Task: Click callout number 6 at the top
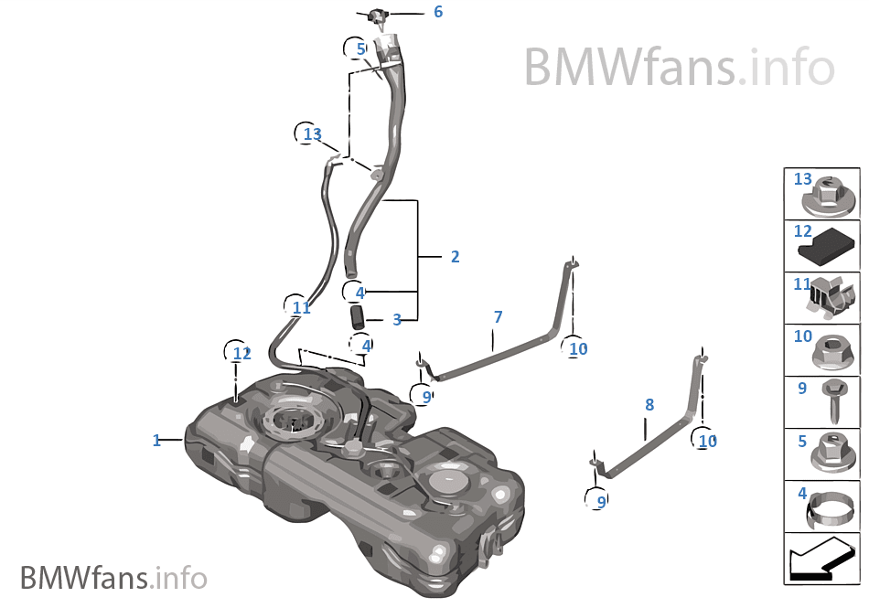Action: [x=438, y=12]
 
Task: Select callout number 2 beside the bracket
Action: [x=455, y=257]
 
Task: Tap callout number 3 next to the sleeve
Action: [x=397, y=319]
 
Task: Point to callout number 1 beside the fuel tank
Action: [x=156, y=440]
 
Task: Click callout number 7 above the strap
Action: [x=498, y=316]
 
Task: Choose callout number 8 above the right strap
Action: [x=649, y=405]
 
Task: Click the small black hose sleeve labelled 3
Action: [x=357, y=316]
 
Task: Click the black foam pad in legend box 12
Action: [x=826, y=248]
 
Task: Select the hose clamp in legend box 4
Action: [x=830, y=510]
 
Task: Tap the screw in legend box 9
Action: [x=833, y=401]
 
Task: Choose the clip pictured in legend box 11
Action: [x=832, y=297]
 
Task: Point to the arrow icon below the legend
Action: [x=821, y=559]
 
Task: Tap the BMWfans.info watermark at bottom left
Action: [x=113, y=578]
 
